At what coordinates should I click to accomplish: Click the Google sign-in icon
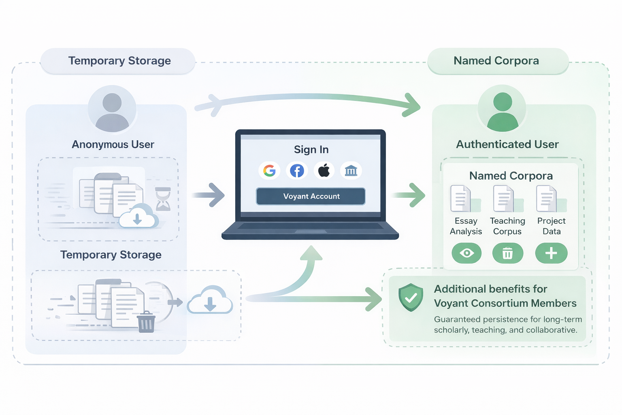tap(269, 171)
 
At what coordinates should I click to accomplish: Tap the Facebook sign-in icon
tap(297, 171)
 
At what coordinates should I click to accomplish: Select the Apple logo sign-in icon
tap(324, 171)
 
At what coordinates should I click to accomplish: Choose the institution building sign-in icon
tap(351, 171)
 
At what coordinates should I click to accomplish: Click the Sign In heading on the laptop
tap(311, 150)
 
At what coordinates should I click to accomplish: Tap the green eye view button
tap(466, 253)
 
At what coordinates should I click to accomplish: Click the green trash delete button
tap(507, 253)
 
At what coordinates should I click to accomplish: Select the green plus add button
tap(551, 253)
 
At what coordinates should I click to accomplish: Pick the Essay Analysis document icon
tap(461, 199)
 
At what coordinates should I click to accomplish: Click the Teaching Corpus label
tap(507, 226)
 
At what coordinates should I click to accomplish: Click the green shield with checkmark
tap(411, 297)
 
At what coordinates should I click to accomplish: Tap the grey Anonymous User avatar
tap(112, 109)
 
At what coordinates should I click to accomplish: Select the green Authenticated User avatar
tap(502, 108)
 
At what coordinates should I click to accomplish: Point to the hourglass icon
tap(163, 199)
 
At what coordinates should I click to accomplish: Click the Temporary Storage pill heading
tap(119, 61)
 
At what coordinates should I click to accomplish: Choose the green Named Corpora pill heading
tap(496, 61)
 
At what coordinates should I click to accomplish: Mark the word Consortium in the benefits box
tap(499, 303)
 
